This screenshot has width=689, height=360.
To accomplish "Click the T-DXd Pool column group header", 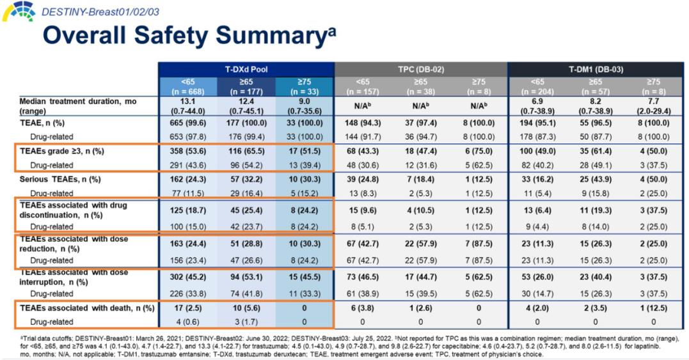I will pos(246,69).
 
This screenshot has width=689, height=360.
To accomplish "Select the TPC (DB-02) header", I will pos(420,69).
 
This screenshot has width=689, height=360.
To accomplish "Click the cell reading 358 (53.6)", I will pos(188,151).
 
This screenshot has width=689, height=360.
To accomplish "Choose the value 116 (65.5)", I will pos(246,151).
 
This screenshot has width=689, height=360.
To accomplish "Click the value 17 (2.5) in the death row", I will pos(188,308).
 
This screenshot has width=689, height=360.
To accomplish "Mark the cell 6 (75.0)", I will pos(479,151).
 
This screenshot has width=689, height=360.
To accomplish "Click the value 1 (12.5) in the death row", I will pos(653,308).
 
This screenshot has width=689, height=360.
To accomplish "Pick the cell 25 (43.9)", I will pos(595,180).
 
